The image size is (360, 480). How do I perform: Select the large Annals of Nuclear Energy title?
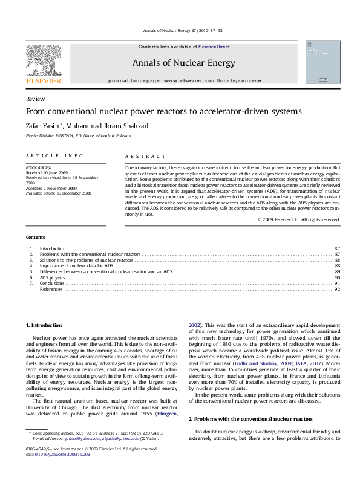pyautogui.click(x=183, y=63)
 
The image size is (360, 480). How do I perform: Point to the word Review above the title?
pyautogui.click(x=34, y=99)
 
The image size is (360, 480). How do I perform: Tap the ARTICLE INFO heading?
pyautogui.click(x=50, y=156)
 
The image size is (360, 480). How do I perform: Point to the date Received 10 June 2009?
pyautogui.click(x=47, y=172)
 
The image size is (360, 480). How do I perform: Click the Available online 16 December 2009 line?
pyautogui.click(x=59, y=193)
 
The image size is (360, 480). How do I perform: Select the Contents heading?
pyautogui.click(x=36, y=237)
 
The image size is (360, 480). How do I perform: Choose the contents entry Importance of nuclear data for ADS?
pyautogui.click(x=76, y=266)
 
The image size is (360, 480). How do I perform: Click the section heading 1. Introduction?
pyautogui.click(x=44, y=326)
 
